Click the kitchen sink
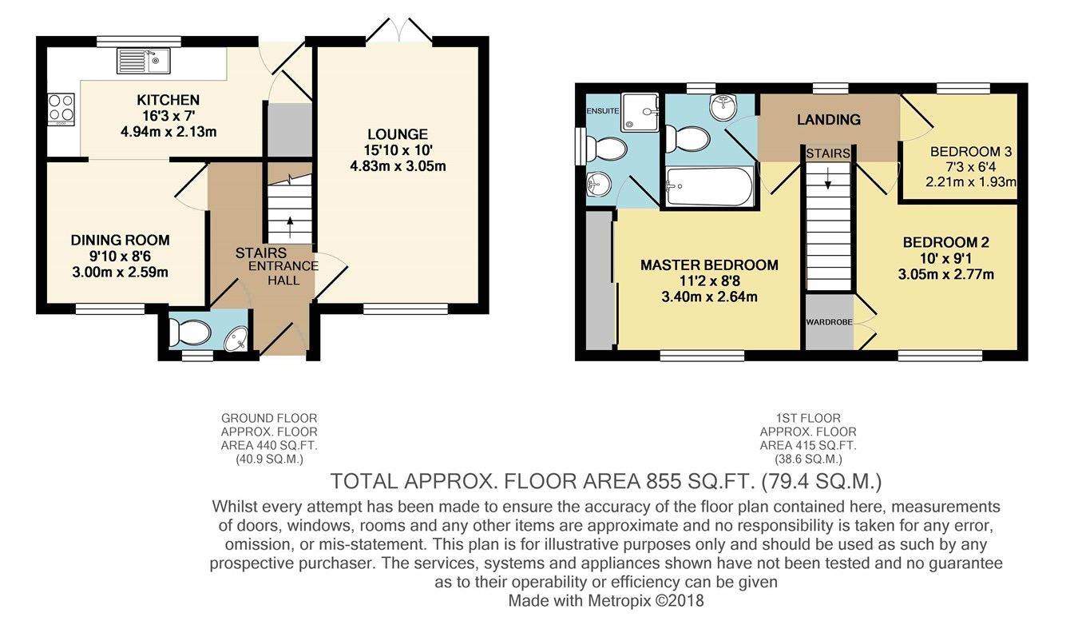144,62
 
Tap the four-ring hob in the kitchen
61,109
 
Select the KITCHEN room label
168,100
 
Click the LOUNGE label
398,134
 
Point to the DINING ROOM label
121,241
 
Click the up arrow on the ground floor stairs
290,227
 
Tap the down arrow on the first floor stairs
828,178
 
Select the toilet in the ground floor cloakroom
190,332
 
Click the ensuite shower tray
640,112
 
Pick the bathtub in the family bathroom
709,186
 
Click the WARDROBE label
829,322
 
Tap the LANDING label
829,119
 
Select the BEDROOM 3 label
971,152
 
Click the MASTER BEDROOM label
709,265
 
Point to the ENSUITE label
603,111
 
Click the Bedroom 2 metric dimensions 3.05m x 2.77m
946,275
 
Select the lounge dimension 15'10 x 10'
398,150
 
